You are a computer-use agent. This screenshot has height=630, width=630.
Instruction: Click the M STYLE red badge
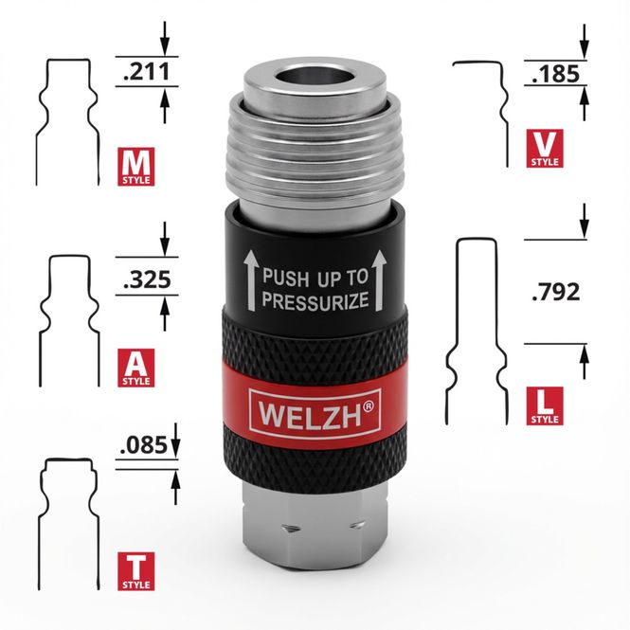[135, 167]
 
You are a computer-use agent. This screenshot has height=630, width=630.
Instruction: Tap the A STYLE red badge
[135, 368]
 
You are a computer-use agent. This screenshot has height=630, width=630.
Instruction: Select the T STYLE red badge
[135, 571]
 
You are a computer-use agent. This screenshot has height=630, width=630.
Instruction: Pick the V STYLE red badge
[545, 148]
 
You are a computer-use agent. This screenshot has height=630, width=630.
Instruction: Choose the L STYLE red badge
[545, 406]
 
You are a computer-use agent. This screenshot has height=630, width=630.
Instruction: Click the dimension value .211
[146, 71]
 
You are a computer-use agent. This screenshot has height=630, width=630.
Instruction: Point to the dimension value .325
[147, 279]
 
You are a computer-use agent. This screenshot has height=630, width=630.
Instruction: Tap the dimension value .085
[143, 445]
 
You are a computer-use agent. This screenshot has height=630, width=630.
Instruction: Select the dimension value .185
[556, 74]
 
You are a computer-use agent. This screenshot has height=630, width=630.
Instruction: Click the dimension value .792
[556, 292]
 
